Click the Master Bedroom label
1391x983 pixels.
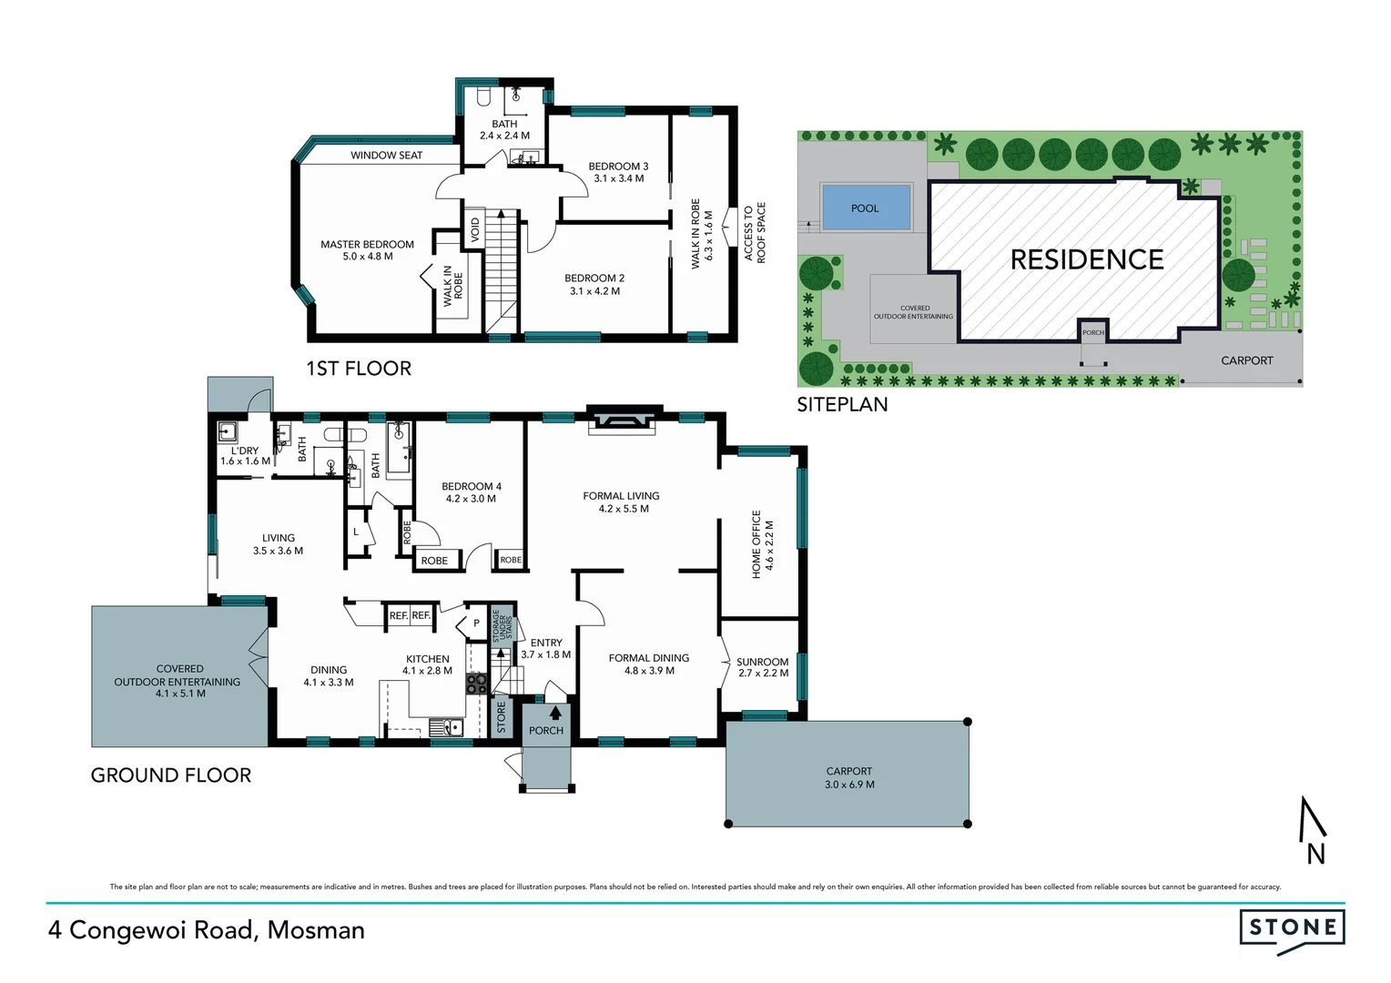coord(367,245)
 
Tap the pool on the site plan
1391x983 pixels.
coord(865,208)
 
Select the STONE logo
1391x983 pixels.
coord(1292,928)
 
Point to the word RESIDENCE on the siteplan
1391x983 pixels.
coord(1087,260)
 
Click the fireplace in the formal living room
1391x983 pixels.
coord(621,420)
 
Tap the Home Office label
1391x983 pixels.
coord(756,544)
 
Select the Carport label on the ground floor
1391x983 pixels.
coord(848,771)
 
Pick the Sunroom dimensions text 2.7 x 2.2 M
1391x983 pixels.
coord(763,674)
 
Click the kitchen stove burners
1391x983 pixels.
coord(476,684)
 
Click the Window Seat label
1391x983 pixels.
coord(386,156)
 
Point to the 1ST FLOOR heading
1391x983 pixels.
coord(359,369)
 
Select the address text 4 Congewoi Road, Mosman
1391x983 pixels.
coord(207,930)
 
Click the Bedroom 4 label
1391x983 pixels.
coord(471,487)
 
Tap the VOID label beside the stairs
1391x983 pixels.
coord(474,229)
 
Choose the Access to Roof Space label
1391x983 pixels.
coord(755,233)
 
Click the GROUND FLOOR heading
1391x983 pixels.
coord(171,775)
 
